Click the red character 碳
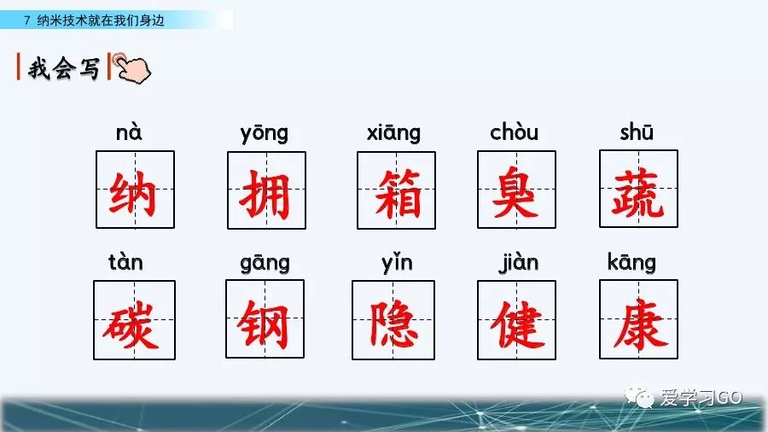point(134,323)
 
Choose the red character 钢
point(265,323)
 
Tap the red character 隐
point(393,323)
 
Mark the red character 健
point(517,323)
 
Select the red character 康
point(639,321)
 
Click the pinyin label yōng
point(265,133)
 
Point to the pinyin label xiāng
point(393,133)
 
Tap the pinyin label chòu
point(515,132)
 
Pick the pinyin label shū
point(637,132)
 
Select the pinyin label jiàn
point(518,262)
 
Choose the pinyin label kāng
point(631,262)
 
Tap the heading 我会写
point(63,68)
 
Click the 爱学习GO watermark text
point(701,397)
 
